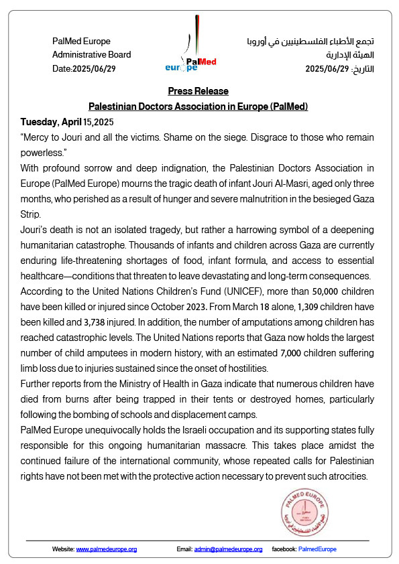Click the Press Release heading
click(198, 91)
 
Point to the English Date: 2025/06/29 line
click(84, 68)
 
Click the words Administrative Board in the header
click(92, 55)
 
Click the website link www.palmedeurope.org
click(107, 549)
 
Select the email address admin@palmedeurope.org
click(228, 549)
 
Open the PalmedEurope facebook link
click(317, 549)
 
